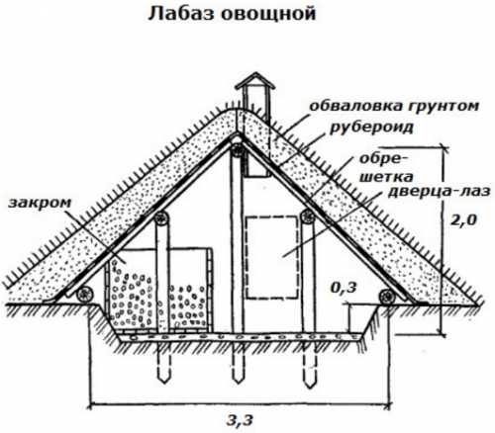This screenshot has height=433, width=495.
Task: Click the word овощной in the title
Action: coord(268,14)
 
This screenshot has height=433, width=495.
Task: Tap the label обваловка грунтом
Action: coord(394,107)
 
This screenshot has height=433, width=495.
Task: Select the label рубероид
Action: coord(371,128)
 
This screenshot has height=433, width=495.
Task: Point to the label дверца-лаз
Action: coord(439,191)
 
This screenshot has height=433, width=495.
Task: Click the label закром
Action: coord(40,203)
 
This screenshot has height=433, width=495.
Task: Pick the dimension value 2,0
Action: coord(463,219)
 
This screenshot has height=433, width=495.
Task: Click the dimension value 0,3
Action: coord(344,288)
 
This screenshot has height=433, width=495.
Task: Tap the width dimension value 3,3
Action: coord(240,420)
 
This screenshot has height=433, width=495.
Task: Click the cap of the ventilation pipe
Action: coord(254,81)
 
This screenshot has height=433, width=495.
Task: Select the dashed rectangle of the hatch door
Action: coord(271,257)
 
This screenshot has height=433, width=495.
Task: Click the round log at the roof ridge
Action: coord(238,150)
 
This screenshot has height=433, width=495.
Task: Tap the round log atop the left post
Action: coord(161,217)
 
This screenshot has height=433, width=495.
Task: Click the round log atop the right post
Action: coord(308,216)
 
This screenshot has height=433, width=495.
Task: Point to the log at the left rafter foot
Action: coord(84,295)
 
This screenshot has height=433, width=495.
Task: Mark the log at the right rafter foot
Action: coord(387,297)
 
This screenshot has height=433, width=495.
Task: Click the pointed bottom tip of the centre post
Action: coord(238,383)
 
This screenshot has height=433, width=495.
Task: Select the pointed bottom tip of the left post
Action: coord(163,382)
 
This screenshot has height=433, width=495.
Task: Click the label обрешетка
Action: coord(385,168)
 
